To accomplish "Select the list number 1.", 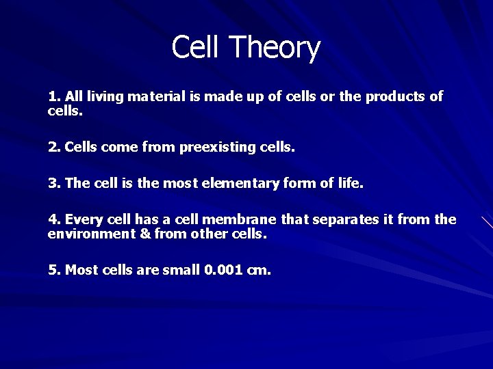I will pyautogui.click(x=53, y=97).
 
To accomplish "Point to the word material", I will pyautogui.click(x=157, y=97).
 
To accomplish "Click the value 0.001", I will pyautogui.click(x=224, y=270).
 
